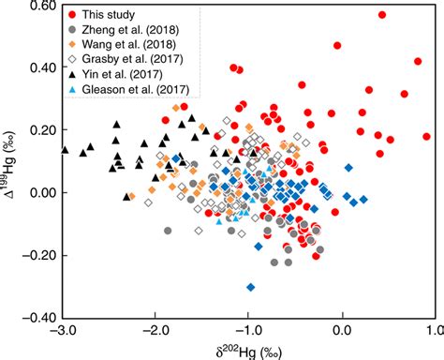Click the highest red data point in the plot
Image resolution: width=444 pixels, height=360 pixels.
[x=382, y=15]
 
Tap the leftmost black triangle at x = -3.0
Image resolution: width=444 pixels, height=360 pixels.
[x=65, y=149]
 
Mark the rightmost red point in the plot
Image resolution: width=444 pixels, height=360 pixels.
[x=427, y=137]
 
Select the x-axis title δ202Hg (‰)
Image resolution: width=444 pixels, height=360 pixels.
[x=248, y=351]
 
